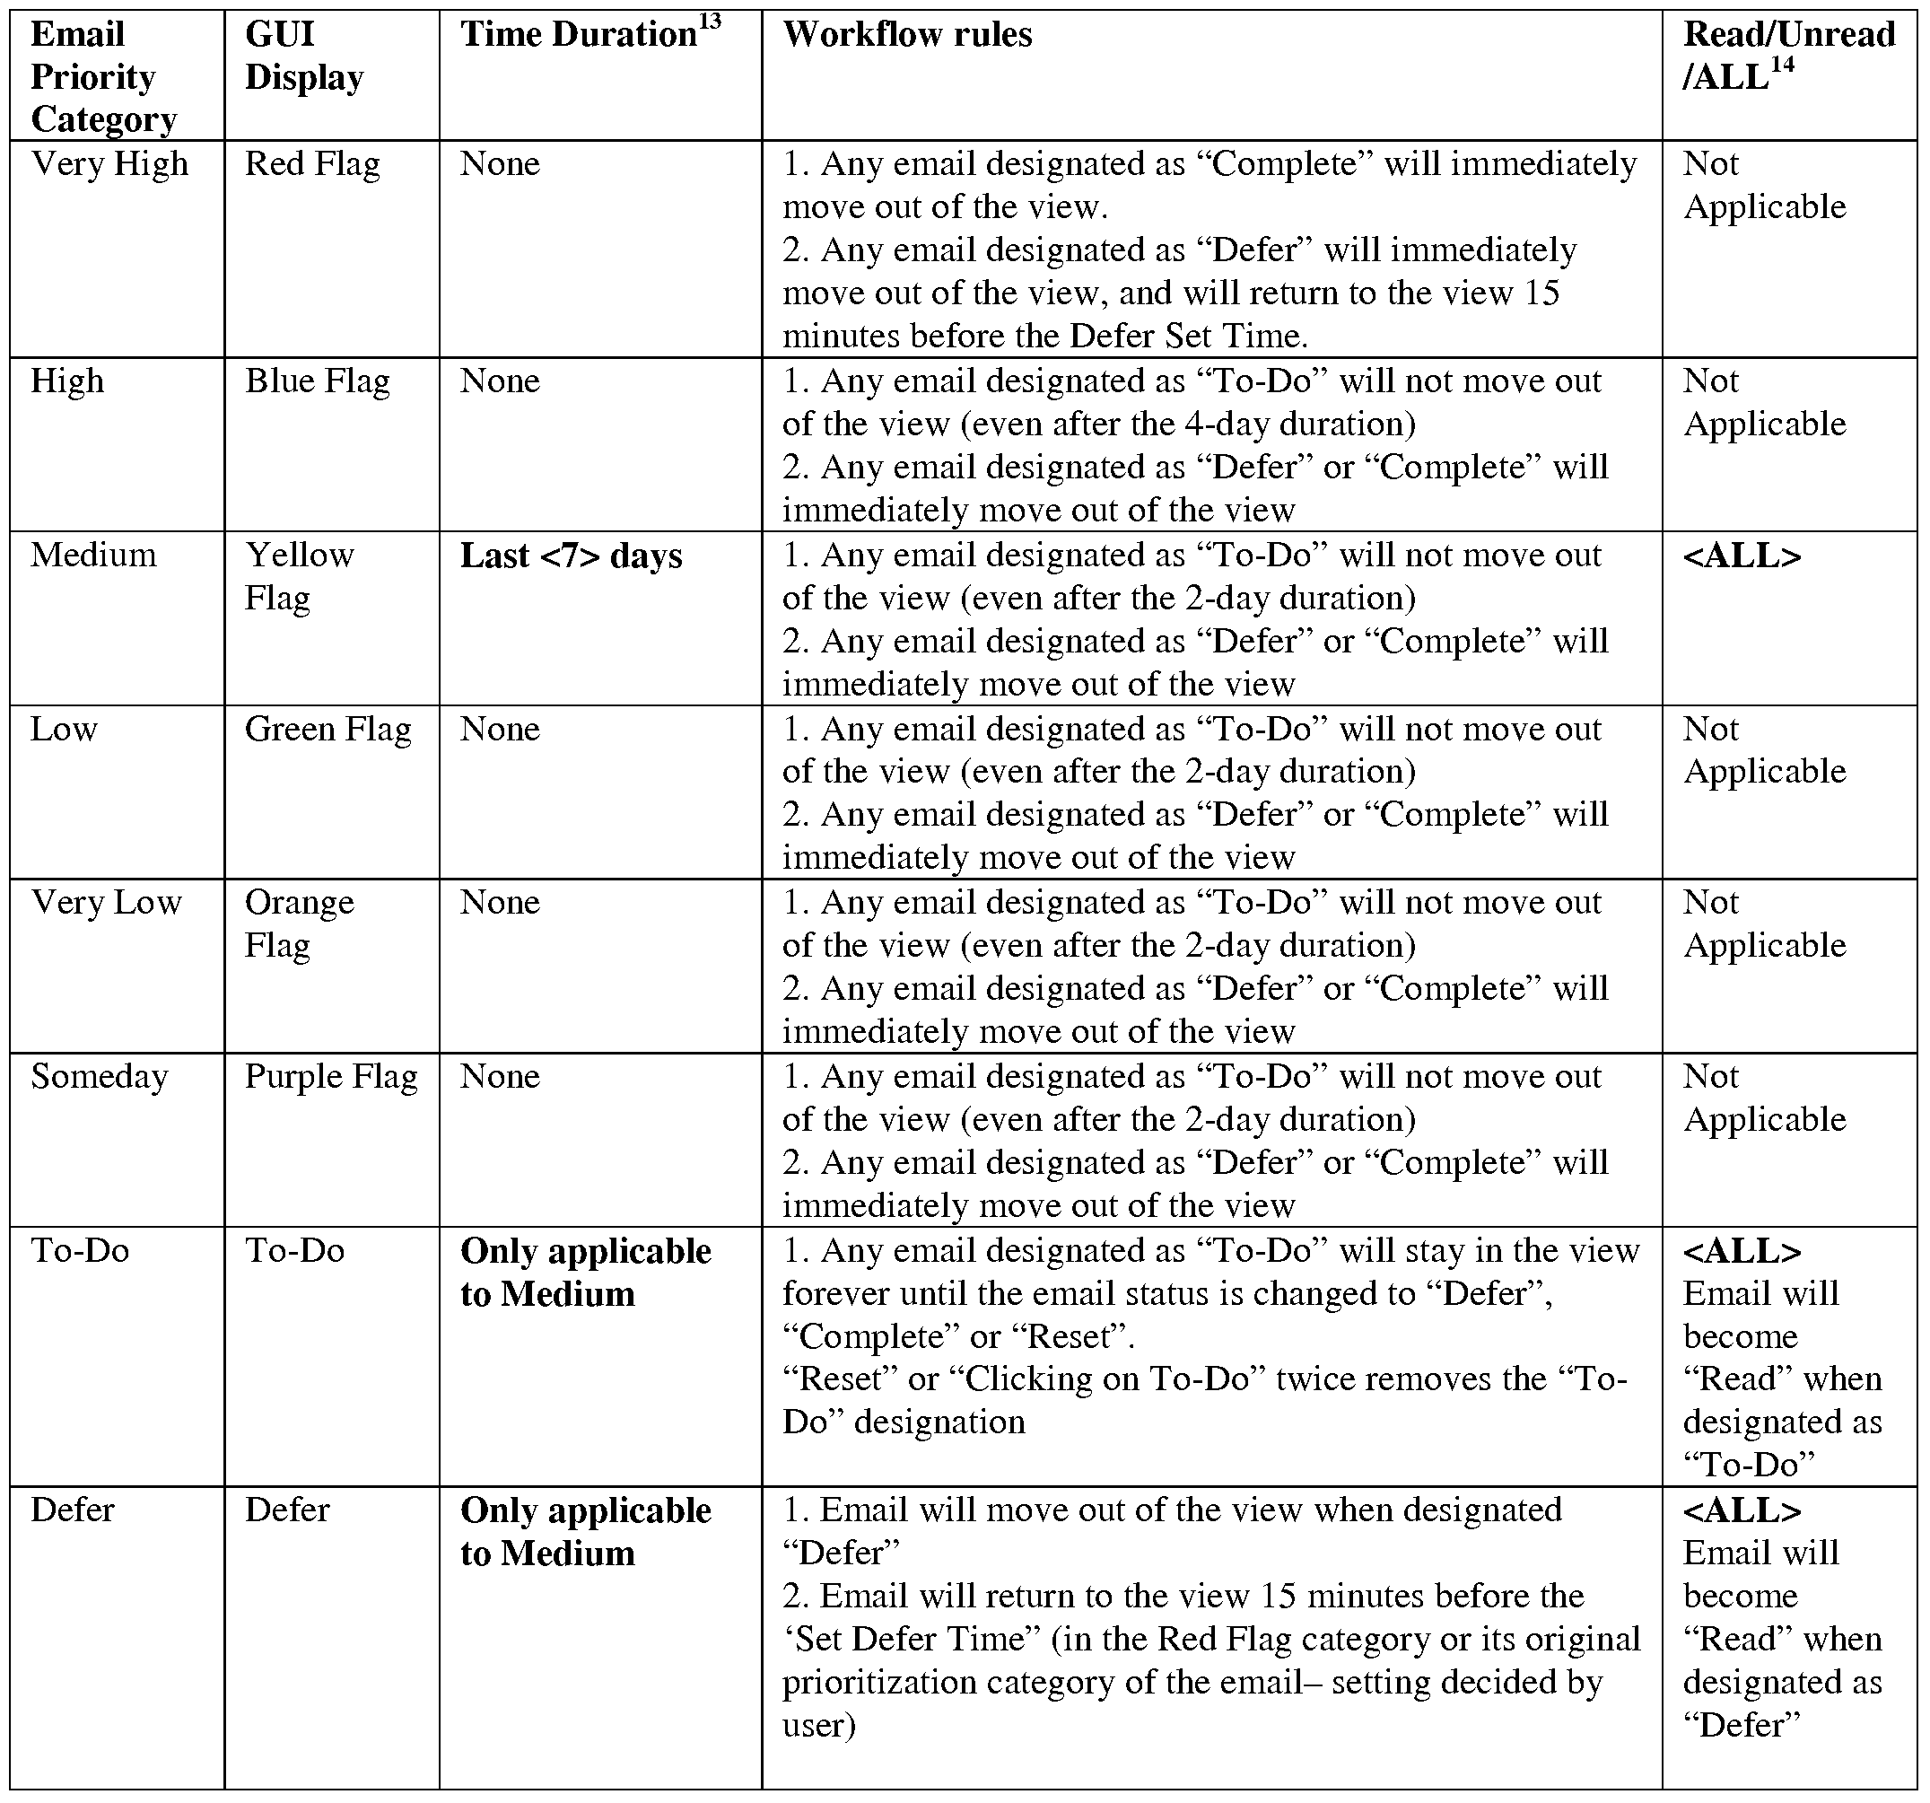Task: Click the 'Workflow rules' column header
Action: point(907,35)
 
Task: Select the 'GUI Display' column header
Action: point(304,56)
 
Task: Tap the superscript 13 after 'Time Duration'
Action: point(710,21)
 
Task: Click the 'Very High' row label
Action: point(109,163)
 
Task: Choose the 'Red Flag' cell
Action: point(311,163)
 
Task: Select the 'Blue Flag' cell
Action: point(317,381)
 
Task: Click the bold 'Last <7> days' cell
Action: point(571,556)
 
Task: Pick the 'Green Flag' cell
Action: point(327,729)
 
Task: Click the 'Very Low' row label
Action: point(106,903)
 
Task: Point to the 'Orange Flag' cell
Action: point(299,923)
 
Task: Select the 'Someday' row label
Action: point(99,1077)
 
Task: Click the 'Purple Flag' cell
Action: point(331,1077)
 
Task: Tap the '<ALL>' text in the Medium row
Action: point(1742,556)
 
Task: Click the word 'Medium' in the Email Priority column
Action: point(93,556)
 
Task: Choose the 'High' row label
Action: point(67,381)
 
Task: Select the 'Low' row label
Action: point(64,729)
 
